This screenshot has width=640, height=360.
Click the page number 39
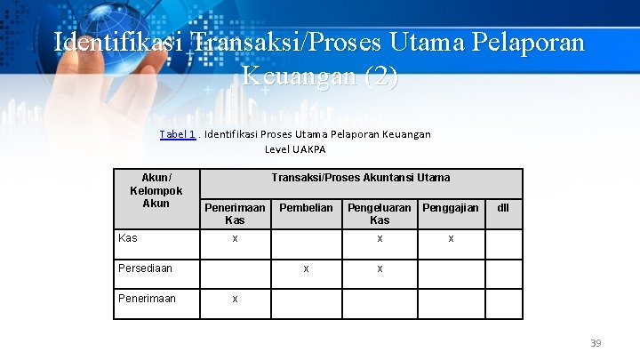596,343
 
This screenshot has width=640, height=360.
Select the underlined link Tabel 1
178,134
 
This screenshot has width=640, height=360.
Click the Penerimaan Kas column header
235,213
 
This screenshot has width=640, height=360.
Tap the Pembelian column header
306,208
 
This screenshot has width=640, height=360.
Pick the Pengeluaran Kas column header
380,213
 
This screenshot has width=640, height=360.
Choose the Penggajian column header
451,208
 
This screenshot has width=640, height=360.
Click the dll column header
503,208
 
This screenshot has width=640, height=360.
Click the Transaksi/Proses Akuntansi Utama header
361,178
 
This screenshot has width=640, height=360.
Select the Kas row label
128,238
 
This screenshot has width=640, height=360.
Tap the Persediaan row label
146,268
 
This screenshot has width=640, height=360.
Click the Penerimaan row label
148,298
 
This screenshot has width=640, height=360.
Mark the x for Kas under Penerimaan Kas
235,239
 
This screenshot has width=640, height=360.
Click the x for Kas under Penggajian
451,239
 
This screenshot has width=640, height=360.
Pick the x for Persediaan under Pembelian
306,268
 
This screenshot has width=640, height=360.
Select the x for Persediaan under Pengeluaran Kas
380,268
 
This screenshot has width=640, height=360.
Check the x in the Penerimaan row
235,299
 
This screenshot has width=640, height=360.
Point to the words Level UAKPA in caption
295,149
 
